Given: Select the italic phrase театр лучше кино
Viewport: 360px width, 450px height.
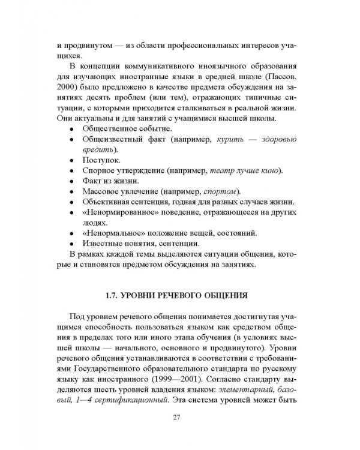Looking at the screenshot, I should (x=247, y=171).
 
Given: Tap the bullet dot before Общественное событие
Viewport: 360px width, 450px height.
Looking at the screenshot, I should (x=72, y=129).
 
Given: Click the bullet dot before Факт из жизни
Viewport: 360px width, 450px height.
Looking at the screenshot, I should (x=72, y=182).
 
